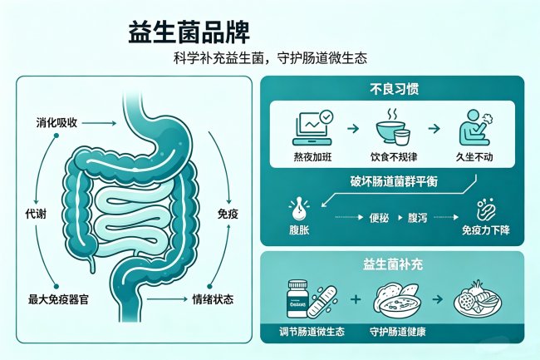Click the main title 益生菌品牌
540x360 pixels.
click(189, 32)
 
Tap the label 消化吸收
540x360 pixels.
click(56, 123)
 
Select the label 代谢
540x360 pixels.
click(36, 214)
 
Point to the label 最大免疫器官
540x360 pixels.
click(58, 299)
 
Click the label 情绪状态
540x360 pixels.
click(213, 299)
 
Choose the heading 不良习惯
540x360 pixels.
click(394, 89)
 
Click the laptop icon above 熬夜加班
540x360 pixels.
click(312, 127)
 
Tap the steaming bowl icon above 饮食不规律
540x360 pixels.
click(393, 126)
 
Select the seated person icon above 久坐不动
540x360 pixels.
click(475, 127)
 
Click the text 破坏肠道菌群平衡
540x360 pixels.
click(394, 181)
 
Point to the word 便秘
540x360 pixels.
click(379, 218)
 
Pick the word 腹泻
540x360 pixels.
click(417, 218)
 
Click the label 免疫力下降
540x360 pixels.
click(486, 229)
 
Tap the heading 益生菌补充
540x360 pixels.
click(393, 264)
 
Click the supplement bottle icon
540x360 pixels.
click(297, 298)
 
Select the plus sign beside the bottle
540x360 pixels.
click(356, 298)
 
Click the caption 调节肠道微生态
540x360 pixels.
click(312, 332)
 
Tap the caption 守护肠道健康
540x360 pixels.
click(398, 332)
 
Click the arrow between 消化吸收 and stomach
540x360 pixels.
click(99, 123)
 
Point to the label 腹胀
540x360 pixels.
click(299, 229)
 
